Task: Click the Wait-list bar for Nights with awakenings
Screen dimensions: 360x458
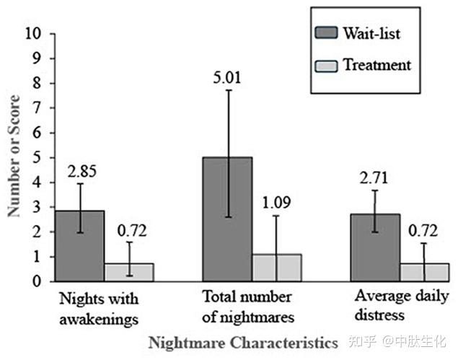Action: (x=79, y=245)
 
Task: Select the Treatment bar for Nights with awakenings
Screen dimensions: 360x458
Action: (x=129, y=272)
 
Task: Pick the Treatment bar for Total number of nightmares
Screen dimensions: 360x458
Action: (x=276, y=268)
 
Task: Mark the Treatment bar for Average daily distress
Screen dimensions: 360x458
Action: (x=424, y=272)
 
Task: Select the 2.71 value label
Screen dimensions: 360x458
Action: (x=374, y=175)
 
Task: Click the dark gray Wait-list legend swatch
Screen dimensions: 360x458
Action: (x=328, y=33)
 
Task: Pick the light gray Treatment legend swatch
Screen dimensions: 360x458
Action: (x=328, y=66)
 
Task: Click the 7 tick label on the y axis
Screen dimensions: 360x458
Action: (x=37, y=109)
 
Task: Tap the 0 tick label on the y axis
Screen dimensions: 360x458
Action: (x=37, y=282)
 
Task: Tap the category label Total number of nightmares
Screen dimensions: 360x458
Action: (x=247, y=307)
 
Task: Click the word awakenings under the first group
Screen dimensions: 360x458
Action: (x=95, y=315)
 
